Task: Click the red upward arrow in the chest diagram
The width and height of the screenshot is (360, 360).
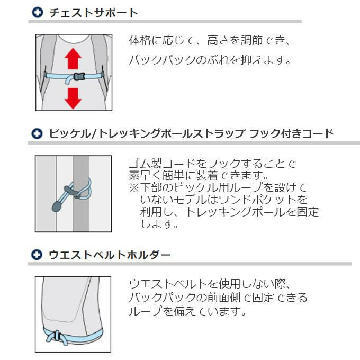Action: click(x=73, y=59)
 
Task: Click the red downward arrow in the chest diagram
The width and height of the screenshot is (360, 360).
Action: click(x=73, y=98)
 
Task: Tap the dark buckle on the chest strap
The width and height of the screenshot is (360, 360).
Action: click(x=79, y=76)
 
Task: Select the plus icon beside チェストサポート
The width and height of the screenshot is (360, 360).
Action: click(x=37, y=12)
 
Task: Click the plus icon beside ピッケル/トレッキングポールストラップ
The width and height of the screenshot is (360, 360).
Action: click(x=37, y=133)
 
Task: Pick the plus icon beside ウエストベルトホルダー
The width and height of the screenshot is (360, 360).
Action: click(x=37, y=255)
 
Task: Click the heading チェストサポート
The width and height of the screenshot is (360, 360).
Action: click(x=94, y=13)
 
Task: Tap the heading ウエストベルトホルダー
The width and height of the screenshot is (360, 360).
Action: click(x=110, y=255)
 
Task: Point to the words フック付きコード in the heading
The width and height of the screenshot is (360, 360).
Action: click(x=291, y=133)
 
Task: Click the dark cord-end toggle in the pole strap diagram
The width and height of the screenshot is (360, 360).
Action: click(x=57, y=206)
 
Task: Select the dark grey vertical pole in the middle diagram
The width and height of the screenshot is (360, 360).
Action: click(x=80, y=194)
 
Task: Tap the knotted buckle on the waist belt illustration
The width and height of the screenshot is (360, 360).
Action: click(x=56, y=336)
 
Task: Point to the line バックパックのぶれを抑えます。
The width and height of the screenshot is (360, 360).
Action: click(x=210, y=60)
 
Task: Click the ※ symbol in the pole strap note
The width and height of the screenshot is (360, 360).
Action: click(x=134, y=187)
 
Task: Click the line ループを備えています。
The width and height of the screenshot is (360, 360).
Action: click(x=187, y=311)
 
